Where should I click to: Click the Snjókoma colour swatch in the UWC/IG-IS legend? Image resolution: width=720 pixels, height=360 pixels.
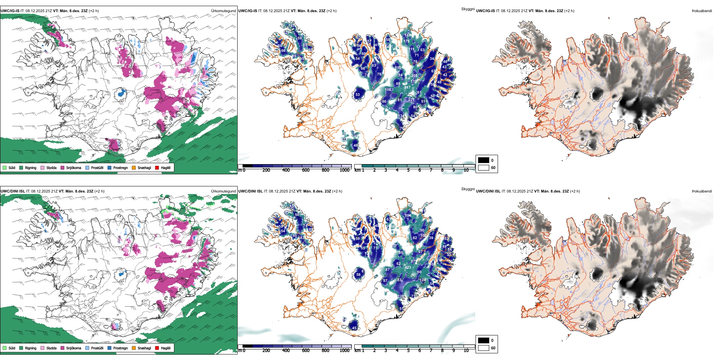(63, 167)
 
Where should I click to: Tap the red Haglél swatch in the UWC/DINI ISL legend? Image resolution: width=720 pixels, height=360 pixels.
(157, 348)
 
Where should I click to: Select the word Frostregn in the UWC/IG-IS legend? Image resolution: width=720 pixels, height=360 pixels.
(121, 167)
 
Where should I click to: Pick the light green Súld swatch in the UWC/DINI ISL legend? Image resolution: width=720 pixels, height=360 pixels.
(5, 348)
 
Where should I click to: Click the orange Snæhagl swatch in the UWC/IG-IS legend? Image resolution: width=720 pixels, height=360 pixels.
(134, 167)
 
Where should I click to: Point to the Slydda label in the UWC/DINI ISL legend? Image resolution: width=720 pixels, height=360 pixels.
(51, 348)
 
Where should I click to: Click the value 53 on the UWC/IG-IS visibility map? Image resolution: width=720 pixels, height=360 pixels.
(357, 95)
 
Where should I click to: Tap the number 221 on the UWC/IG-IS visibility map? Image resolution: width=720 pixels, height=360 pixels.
(411, 100)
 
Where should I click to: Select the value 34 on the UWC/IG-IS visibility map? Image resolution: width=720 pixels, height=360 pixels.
(432, 59)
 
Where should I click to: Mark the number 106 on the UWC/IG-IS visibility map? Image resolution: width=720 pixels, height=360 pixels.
(388, 90)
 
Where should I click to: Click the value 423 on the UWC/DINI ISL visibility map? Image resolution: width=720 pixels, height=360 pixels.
(408, 268)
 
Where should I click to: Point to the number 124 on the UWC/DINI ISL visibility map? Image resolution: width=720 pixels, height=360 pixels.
(423, 280)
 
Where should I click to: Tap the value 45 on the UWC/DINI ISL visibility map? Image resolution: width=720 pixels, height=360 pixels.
(354, 328)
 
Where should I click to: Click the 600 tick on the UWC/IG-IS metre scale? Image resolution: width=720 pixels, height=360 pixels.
(306, 170)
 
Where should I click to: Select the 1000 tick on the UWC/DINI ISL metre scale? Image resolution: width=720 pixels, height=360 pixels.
(344, 351)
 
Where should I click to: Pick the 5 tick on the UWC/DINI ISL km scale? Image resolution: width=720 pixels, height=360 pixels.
(409, 351)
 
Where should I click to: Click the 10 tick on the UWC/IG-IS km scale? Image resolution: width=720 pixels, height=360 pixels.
(466, 170)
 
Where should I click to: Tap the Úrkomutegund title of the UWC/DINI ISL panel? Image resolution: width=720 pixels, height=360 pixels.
(224, 191)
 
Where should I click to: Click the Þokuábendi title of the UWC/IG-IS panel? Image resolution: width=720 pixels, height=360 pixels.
(702, 11)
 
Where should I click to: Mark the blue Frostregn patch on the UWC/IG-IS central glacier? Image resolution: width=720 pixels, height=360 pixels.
(121, 92)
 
